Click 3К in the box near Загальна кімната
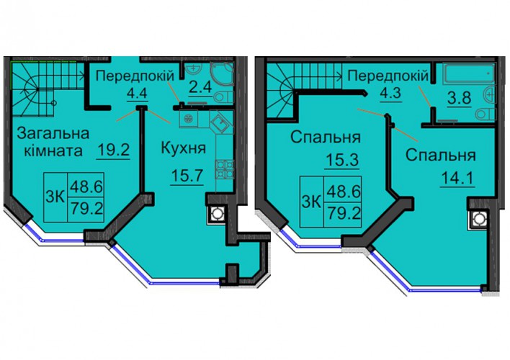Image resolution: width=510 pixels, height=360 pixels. pos(55,196)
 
